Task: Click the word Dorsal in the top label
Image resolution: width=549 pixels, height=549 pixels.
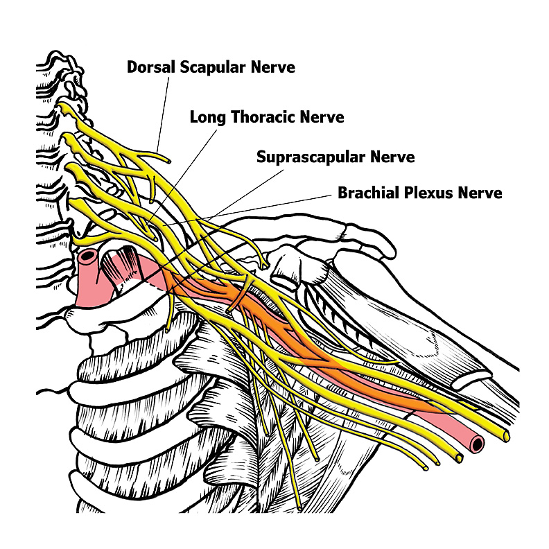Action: [x=149, y=67]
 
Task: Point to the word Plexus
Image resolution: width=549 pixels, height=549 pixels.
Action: [x=430, y=192]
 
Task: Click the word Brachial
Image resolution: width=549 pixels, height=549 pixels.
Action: [x=366, y=192]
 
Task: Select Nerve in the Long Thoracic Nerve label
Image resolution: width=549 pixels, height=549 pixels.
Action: [x=322, y=116]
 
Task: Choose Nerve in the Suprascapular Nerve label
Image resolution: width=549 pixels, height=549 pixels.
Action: [x=393, y=157]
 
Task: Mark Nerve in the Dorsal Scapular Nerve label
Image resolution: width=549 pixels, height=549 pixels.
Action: [x=274, y=67]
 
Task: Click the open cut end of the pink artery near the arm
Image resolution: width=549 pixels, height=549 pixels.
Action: [x=476, y=443]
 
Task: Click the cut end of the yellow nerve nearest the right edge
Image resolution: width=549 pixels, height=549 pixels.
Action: [x=507, y=436]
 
